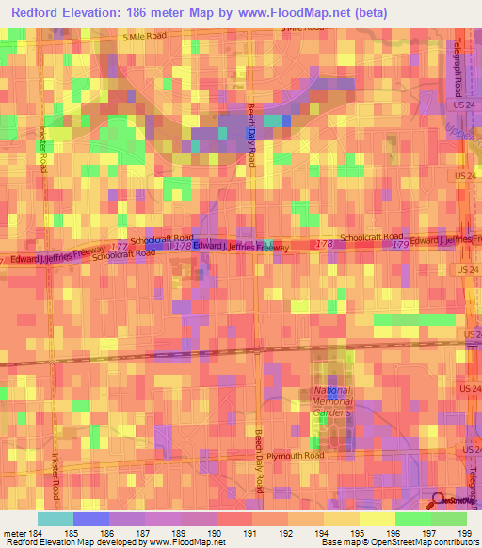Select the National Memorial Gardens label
332,402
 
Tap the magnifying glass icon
439,501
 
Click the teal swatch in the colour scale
56,519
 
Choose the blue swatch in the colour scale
91,519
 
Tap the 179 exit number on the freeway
399,245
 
